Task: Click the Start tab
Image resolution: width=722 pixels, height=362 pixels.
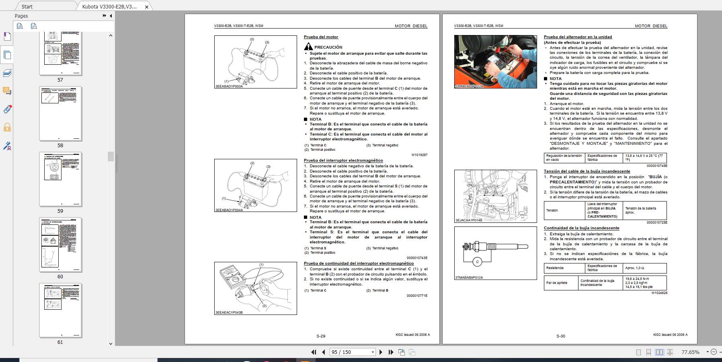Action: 27,6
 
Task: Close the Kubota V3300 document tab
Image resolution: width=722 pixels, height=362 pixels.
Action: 147,7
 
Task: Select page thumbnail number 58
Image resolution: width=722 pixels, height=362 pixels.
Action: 61,114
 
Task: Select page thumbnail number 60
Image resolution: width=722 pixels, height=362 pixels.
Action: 61,245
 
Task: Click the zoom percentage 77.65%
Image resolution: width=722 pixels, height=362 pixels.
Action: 690,352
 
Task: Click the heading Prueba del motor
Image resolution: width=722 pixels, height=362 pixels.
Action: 321,37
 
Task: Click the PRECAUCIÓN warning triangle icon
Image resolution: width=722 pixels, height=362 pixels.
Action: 308,47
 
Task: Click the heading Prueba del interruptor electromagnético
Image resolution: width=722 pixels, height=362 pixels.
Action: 343,160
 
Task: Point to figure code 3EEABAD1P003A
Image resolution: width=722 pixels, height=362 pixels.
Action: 229,86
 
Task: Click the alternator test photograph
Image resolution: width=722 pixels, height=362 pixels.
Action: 495,62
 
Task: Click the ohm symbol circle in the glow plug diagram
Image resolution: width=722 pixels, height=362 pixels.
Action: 477,261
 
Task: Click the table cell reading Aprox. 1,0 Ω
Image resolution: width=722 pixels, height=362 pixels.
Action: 644,268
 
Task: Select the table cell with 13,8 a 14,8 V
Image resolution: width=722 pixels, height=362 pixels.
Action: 644,158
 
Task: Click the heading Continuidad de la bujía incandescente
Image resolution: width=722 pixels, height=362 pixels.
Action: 581,228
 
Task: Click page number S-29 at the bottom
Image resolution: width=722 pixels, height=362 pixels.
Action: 321,336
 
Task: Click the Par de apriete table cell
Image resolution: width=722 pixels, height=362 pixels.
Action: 561,283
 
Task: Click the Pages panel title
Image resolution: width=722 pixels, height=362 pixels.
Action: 21,16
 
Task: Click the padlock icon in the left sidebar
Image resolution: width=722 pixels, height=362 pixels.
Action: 7,128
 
